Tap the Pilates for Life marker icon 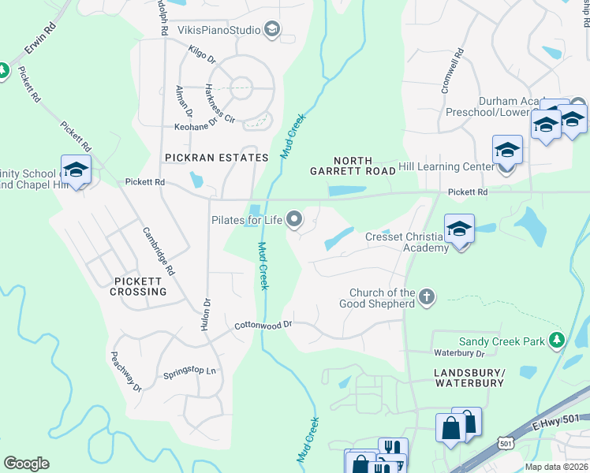[x=295, y=220]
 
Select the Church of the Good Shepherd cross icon [x=427, y=297]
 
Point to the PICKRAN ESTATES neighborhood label [x=217, y=158]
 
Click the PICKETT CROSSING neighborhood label [x=140, y=286]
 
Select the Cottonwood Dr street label [x=263, y=325]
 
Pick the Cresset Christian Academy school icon [x=459, y=229]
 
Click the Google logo [x=26, y=464]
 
